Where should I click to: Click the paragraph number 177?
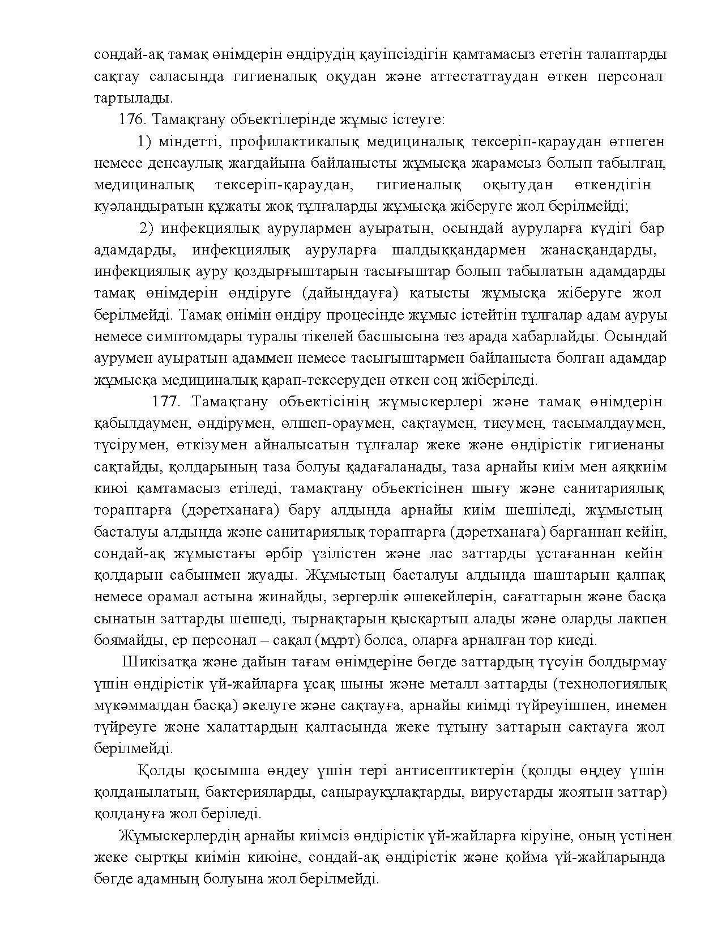click(166, 402)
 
